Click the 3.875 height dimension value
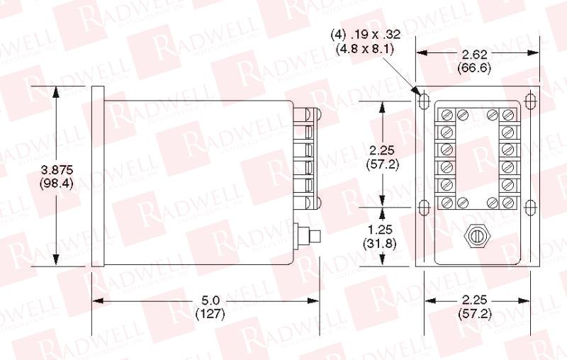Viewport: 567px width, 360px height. pyautogui.click(x=57, y=170)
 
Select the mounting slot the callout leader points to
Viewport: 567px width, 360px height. pyautogui.click(x=424, y=101)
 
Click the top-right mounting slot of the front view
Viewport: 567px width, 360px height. pyautogui.click(x=529, y=101)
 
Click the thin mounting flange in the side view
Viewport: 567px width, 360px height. pyautogui.click(x=98, y=176)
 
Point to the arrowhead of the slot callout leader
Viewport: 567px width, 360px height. pyautogui.click(x=416, y=92)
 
